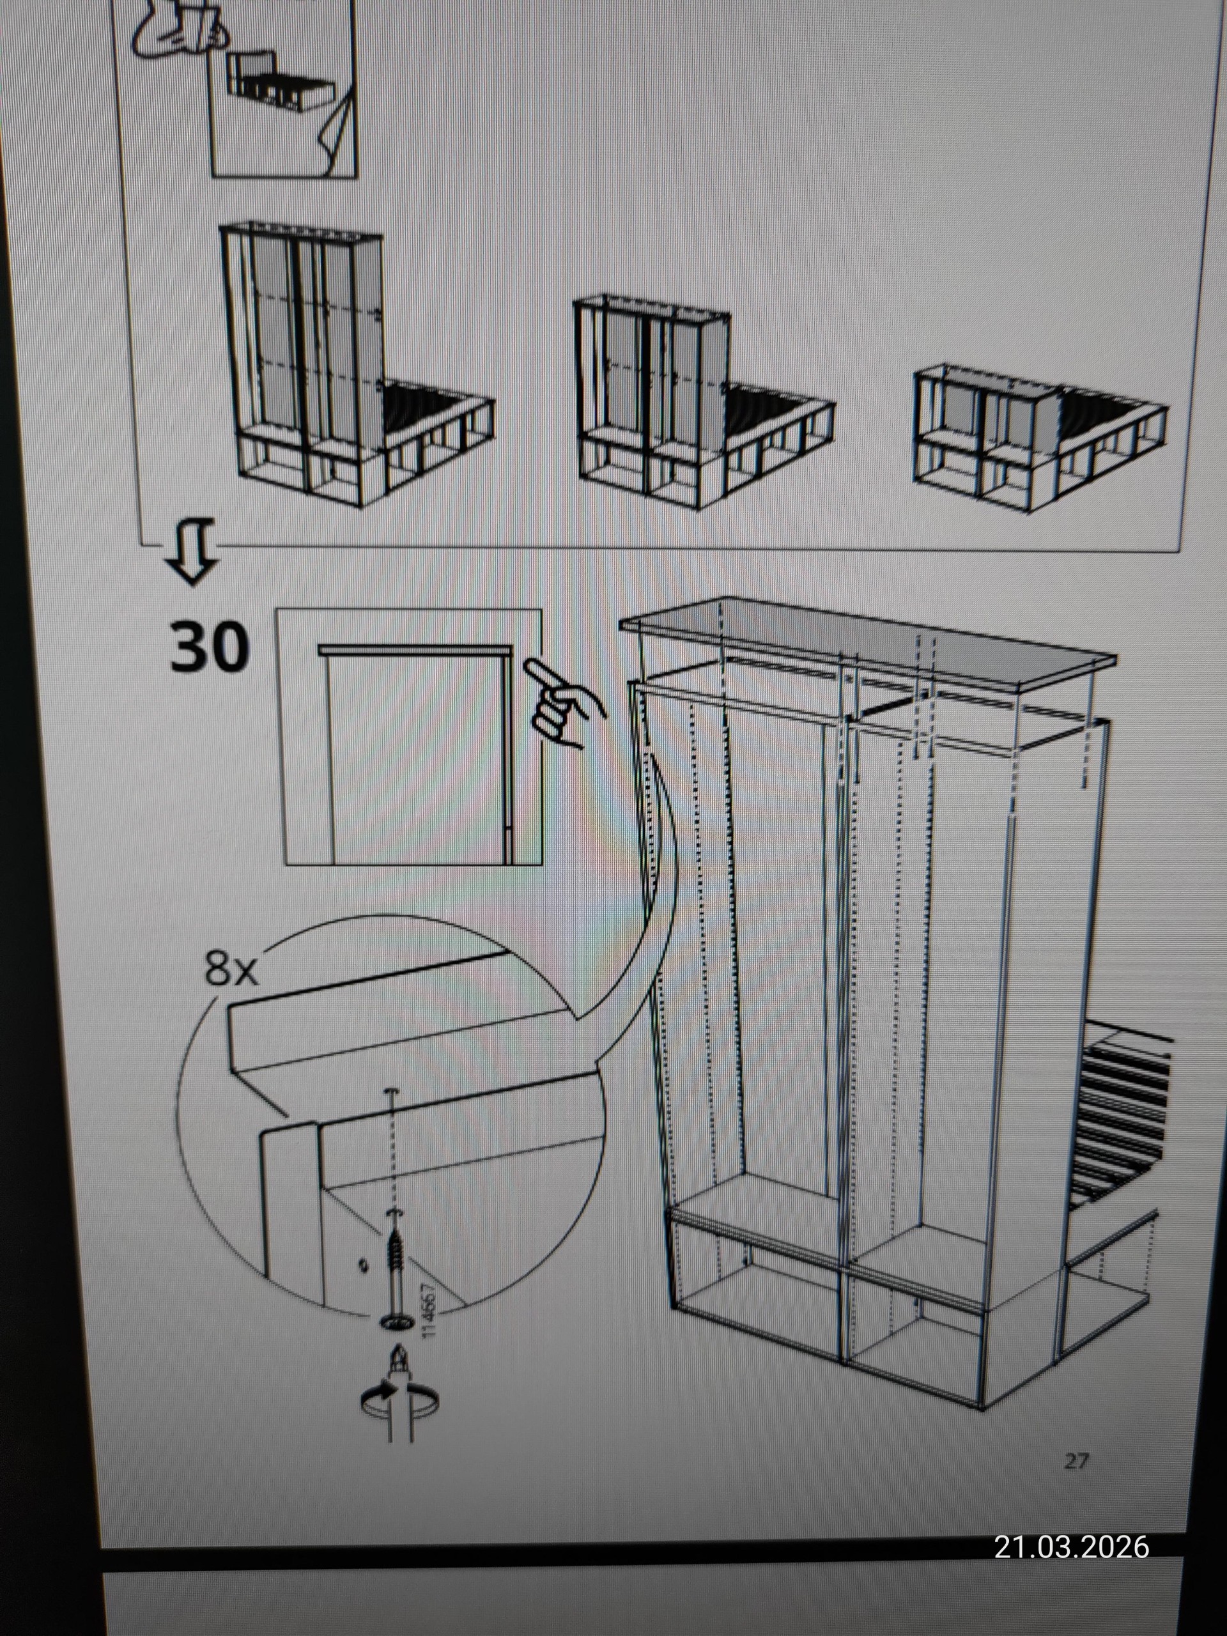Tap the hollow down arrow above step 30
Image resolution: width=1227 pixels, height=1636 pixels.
[192, 550]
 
